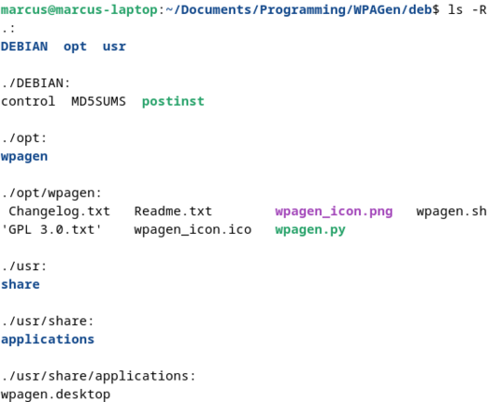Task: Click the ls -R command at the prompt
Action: pos(467,10)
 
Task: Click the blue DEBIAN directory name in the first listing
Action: pos(24,47)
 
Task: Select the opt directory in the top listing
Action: pos(75,48)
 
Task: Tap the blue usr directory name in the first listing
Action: pos(114,47)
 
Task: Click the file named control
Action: pos(28,102)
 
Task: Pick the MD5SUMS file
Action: pos(99,102)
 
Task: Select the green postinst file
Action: pos(173,102)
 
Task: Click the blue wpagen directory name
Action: pos(24,157)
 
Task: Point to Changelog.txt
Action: pos(60,211)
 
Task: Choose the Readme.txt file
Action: pos(173,211)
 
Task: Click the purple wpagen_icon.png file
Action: pos(334,212)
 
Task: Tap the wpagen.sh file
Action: pos(451,212)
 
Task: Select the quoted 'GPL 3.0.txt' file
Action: pos(51,230)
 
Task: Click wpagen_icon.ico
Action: pos(193,230)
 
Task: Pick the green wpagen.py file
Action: pos(310,230)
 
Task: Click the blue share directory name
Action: pos(21,284)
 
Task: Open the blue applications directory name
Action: pos(48,339)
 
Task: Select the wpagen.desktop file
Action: pos(55,395)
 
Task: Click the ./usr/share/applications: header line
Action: pos(98,376)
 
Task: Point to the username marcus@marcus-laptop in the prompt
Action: pos(79,10)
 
